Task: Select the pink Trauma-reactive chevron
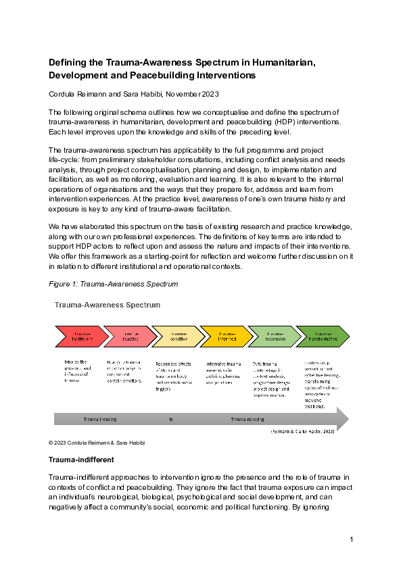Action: click(130, 336)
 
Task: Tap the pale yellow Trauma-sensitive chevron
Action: click(179, 336)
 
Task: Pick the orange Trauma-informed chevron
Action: click(227, 336)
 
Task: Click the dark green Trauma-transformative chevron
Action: click(324, 336)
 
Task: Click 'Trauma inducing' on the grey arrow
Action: click(100, 420)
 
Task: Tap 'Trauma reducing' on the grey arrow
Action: click(247, 420)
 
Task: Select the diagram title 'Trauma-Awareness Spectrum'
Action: click(107, 305)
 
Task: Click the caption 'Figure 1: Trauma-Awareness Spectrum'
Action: click(113, 284)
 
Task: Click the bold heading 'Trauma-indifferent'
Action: click(80, 460)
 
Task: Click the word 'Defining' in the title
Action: click(69, 62)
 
